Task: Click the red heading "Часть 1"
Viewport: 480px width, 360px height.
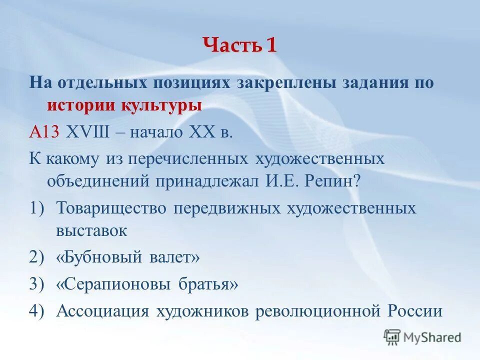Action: click(240, 46)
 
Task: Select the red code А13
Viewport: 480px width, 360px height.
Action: click(44, 132)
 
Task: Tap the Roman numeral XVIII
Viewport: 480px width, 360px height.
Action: click(88, 132)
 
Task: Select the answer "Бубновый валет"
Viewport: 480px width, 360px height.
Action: click(128, 257)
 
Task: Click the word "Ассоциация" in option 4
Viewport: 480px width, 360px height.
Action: click(103, 310)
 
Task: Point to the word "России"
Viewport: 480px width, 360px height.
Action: click(415, 310)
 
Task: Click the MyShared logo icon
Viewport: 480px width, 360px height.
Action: click(392, 337)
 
